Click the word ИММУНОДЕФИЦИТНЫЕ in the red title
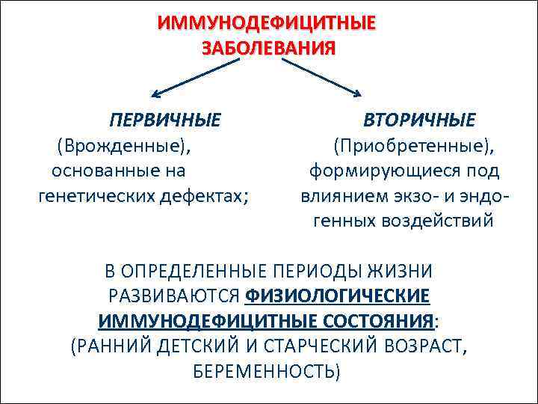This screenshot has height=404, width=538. (x=267, y=23)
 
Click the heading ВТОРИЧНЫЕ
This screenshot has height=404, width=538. (x=419, y=120)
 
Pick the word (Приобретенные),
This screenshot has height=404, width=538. (x=419, y=145)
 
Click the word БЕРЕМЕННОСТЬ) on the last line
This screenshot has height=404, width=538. (x=267, y=371)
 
